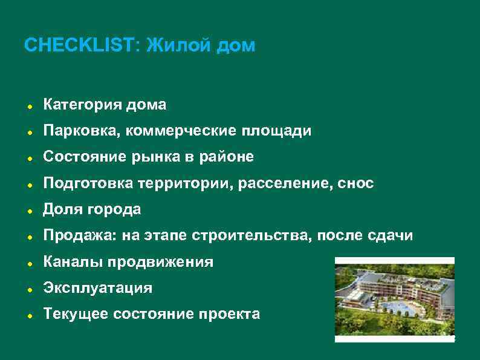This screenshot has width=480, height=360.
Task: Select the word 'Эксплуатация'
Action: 97,288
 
